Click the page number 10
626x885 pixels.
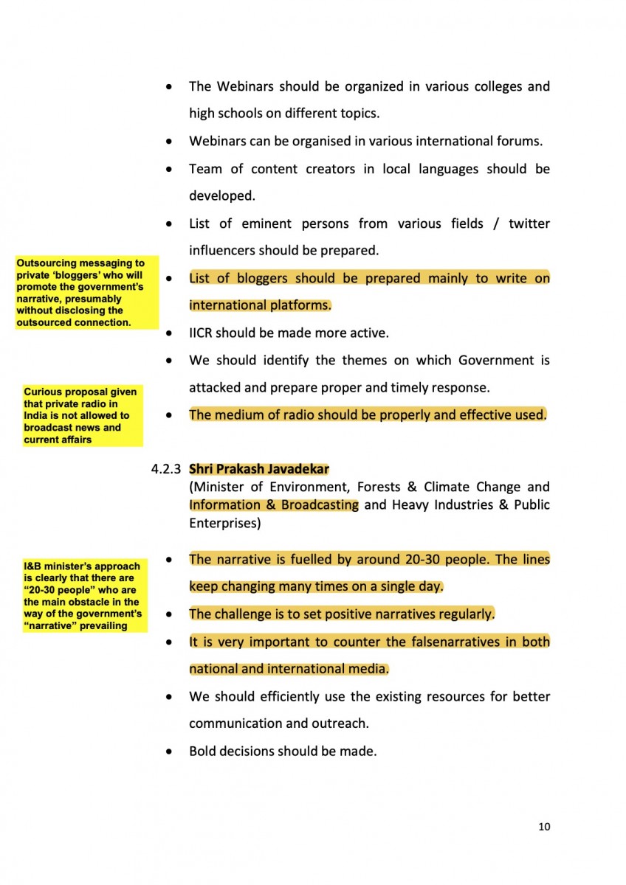544,827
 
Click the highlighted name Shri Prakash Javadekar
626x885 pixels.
259,469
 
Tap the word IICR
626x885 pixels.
204,333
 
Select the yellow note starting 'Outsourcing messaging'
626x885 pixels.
86,292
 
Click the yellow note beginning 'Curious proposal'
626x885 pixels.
82,415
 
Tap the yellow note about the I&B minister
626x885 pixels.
83,596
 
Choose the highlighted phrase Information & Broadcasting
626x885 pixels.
274,505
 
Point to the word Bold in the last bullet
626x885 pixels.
204,752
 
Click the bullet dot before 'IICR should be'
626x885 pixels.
170,334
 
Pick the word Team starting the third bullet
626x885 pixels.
205,169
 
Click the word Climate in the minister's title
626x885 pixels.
447,487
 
